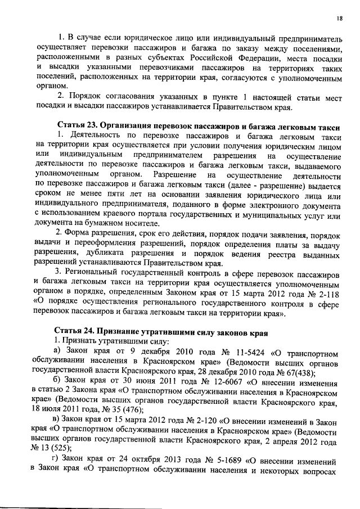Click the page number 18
tap(340, 19)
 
